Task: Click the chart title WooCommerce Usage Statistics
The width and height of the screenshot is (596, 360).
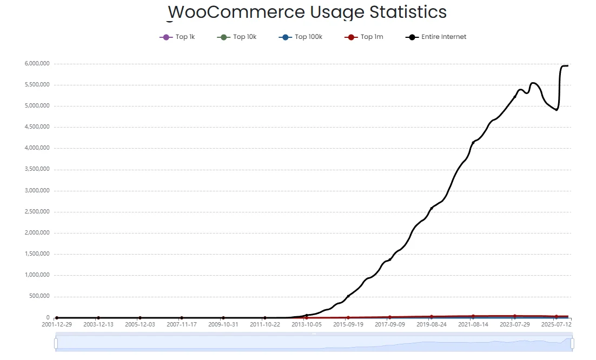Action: coord(307,12)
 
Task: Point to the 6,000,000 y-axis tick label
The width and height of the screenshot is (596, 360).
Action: coord(37,64)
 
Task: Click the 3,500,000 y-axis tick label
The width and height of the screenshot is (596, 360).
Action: coord(37,170)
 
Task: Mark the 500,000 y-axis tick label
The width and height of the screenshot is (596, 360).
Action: coord(38,297)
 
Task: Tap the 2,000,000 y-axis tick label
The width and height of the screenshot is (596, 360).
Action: coord(37,233)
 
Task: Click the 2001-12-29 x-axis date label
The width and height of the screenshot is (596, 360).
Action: coord(57,325)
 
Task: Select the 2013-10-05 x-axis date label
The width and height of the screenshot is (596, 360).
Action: coord(307,325)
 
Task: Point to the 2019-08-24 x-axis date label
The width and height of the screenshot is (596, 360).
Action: coord(432,325)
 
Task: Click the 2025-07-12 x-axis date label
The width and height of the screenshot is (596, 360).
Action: coord(557,325)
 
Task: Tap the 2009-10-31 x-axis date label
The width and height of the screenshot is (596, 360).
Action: coord(223,325)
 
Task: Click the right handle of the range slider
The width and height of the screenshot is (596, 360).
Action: coord(572,343)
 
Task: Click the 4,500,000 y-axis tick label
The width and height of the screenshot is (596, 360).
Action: coord(37,128)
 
